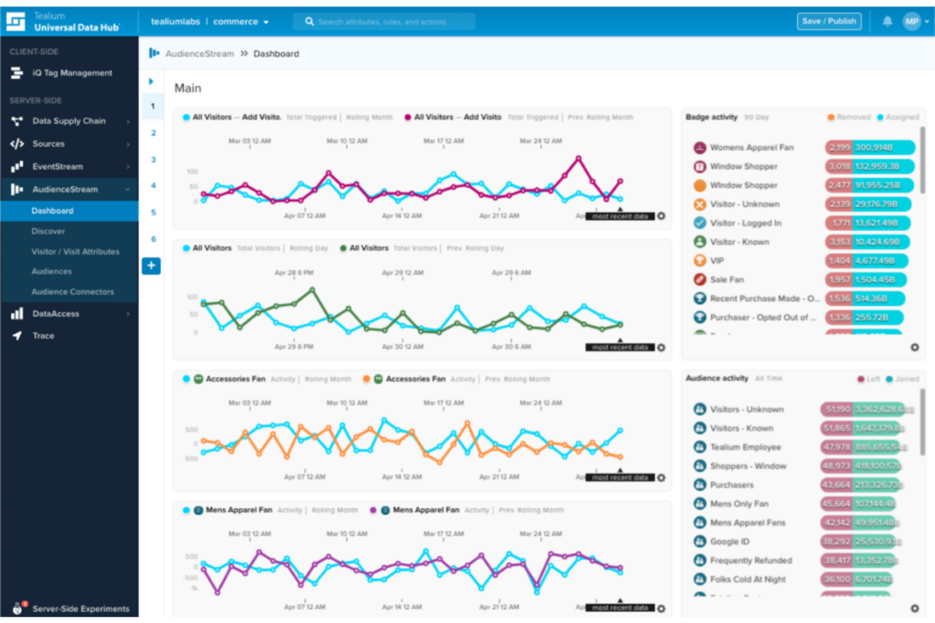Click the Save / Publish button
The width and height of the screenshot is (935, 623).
[829, 21]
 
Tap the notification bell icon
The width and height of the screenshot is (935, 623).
[887, 21]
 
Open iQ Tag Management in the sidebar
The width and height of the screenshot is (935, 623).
[72, 73]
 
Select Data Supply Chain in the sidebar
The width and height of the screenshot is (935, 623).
[69, 121]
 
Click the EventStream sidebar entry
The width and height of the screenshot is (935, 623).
[57, 167]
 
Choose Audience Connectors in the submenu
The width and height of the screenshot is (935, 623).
[73, 292]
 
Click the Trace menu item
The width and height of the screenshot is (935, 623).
[43, 336]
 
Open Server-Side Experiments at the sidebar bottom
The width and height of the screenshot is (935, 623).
[80, 608]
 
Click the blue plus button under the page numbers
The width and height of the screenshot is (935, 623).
[151, 266]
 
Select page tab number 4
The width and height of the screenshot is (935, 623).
[153, 186]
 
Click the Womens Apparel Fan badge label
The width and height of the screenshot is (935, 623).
[751, 148]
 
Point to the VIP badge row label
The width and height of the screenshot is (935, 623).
[717, 261]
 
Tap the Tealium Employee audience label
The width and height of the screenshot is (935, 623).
[745, 447]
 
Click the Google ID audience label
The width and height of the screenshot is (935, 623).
[729, 542]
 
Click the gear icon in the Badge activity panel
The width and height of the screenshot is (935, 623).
[914, 347]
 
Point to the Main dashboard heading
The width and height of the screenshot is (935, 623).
[188, 88]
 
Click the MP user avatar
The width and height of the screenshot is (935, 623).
[911, 21]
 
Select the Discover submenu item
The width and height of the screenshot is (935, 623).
[48, 231]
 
